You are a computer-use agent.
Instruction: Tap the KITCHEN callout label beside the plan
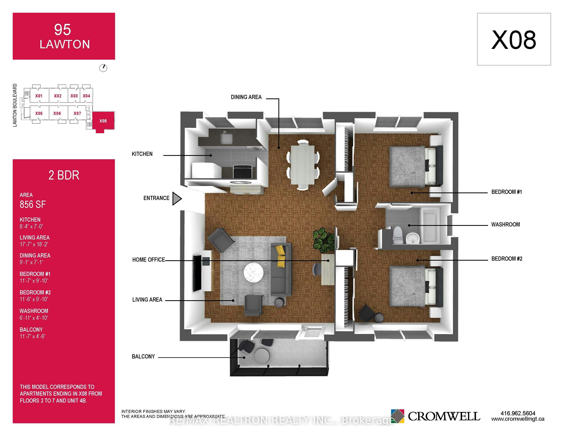tap(142, 154)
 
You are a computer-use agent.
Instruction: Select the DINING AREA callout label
tap(246, 97)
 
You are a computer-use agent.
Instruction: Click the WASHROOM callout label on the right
tap(506, 224)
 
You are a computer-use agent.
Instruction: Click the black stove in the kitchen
tap(242, 172)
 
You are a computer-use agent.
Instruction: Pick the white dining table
tap(303, 165)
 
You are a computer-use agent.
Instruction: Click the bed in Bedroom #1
tap(416, 167)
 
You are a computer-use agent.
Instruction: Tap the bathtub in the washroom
tap(430, 225)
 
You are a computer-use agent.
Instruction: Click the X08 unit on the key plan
tap(103, 121)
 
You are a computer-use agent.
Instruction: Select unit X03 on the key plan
tap(74, 96)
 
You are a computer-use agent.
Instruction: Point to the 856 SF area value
tap(33, 204)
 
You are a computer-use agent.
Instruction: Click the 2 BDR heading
tap(64, 175)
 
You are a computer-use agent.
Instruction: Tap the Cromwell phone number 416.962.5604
tap(518, 413)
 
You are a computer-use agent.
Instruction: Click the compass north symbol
tap(103, 68)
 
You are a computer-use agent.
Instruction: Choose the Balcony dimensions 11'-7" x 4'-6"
tap(33, 336)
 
